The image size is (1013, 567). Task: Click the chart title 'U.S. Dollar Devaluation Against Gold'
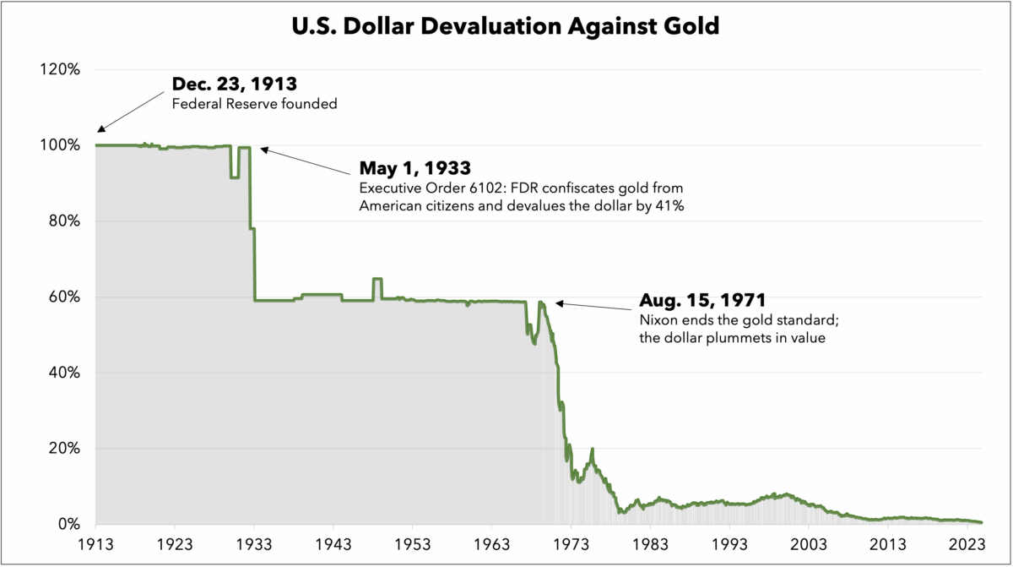506,26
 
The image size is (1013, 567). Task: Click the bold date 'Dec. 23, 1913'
234,85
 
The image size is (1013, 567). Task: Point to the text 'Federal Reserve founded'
242,104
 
